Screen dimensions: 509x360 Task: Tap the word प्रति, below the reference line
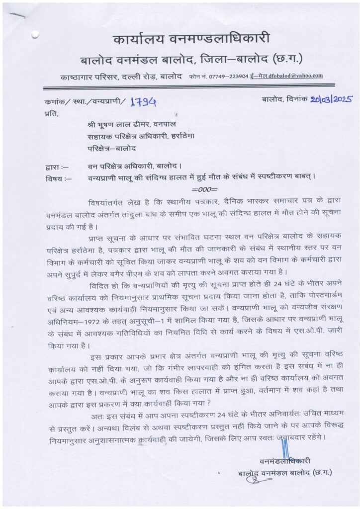51,114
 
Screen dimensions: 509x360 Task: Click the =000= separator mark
204,189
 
